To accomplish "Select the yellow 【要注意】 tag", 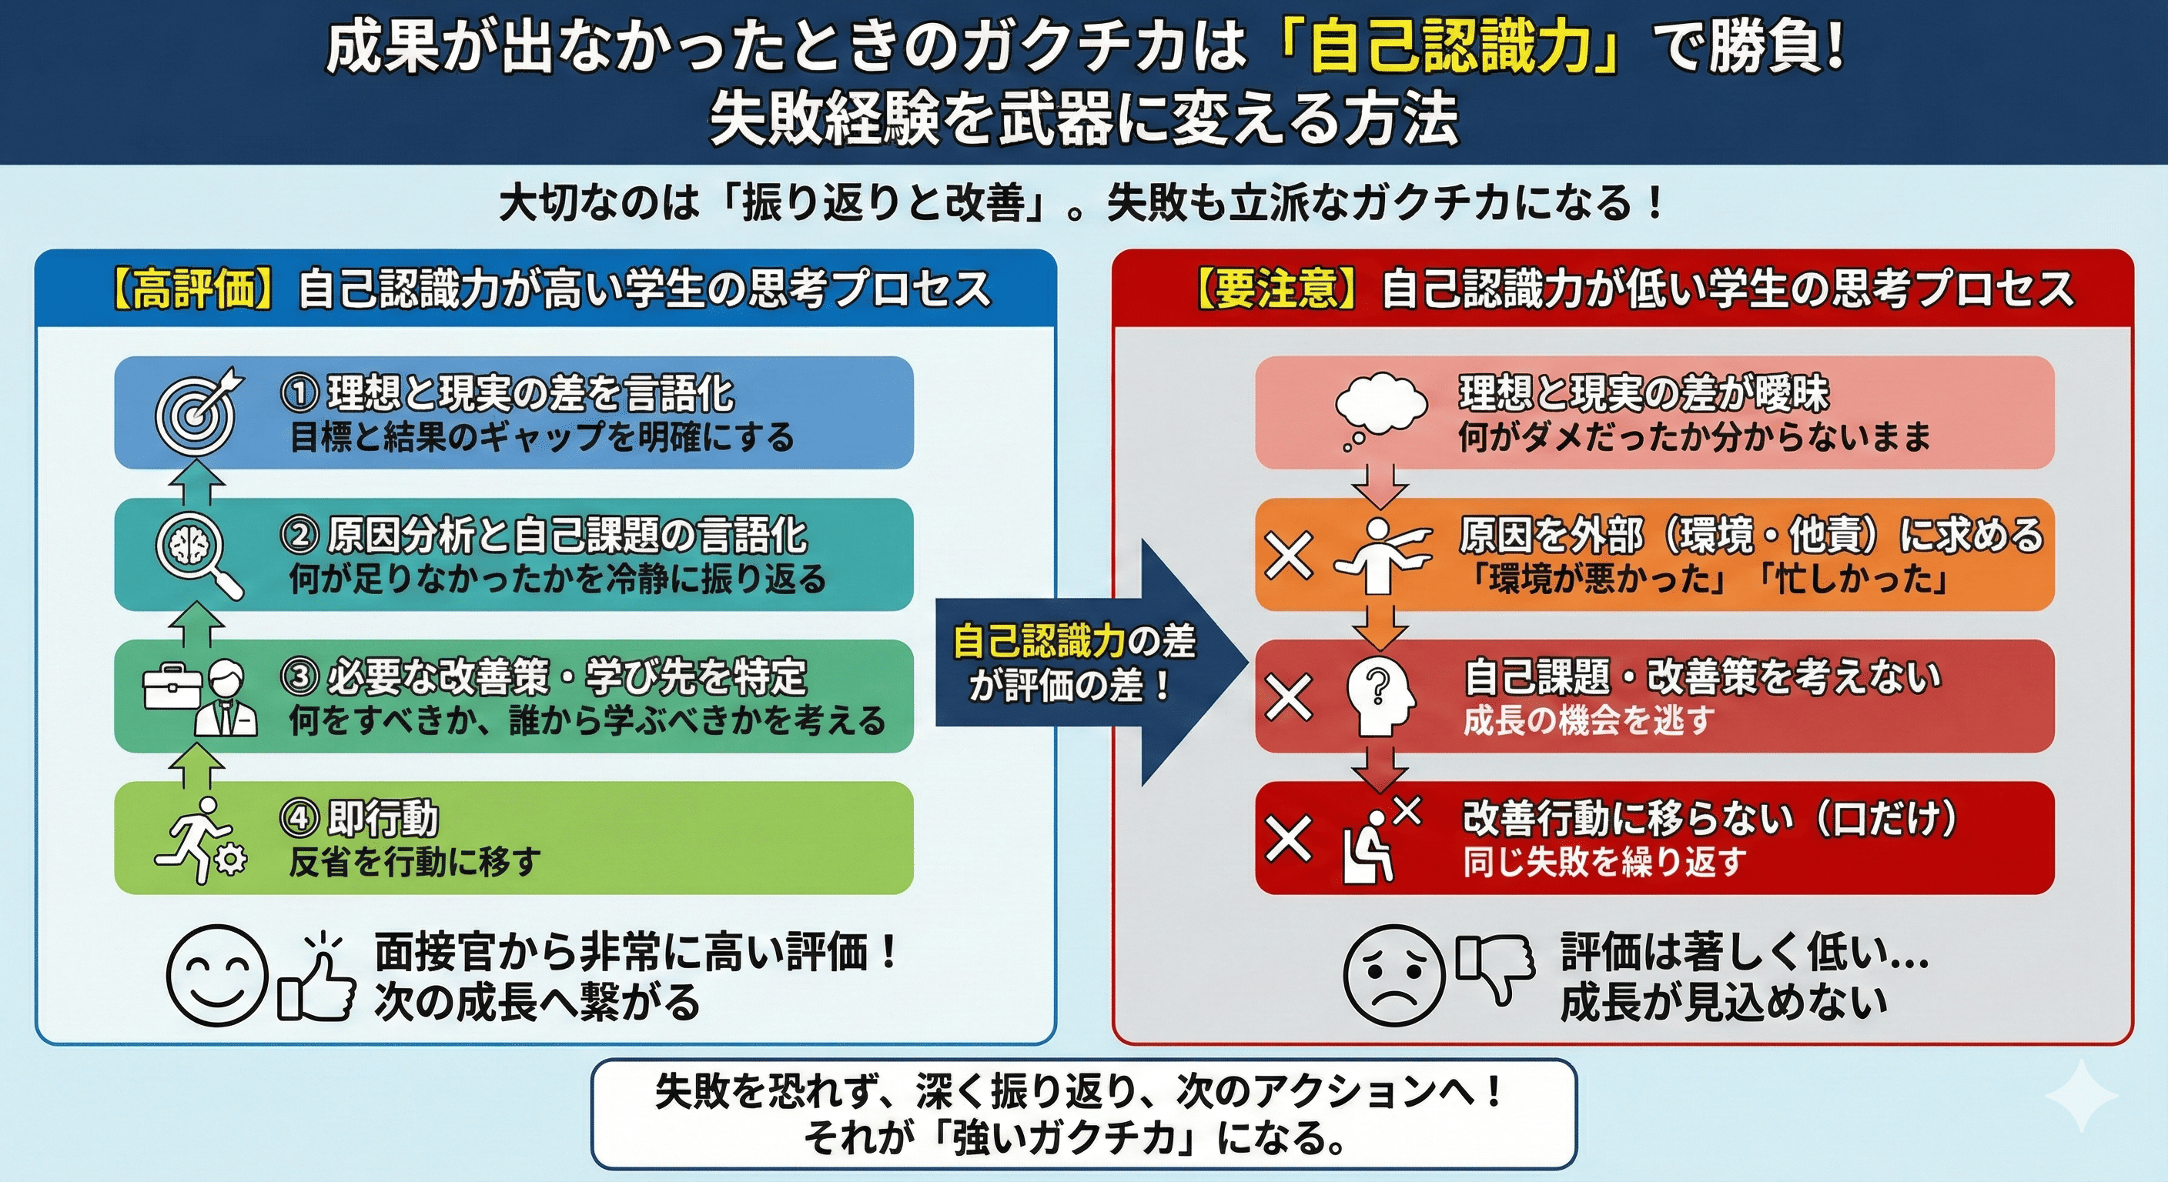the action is click(x=1276, y=289).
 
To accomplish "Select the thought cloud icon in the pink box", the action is click(x=1380, y=412).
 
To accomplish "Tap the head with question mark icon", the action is click(x=1380, y=697).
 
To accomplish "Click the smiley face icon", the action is click(x=217, y=975).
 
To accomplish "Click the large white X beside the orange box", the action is click(x=1289, y=556).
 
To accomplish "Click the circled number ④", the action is click(x=299, y=819).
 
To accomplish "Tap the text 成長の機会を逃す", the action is click(x=1588, y=721).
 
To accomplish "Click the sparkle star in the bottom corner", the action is click(x=2080, y=1095).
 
